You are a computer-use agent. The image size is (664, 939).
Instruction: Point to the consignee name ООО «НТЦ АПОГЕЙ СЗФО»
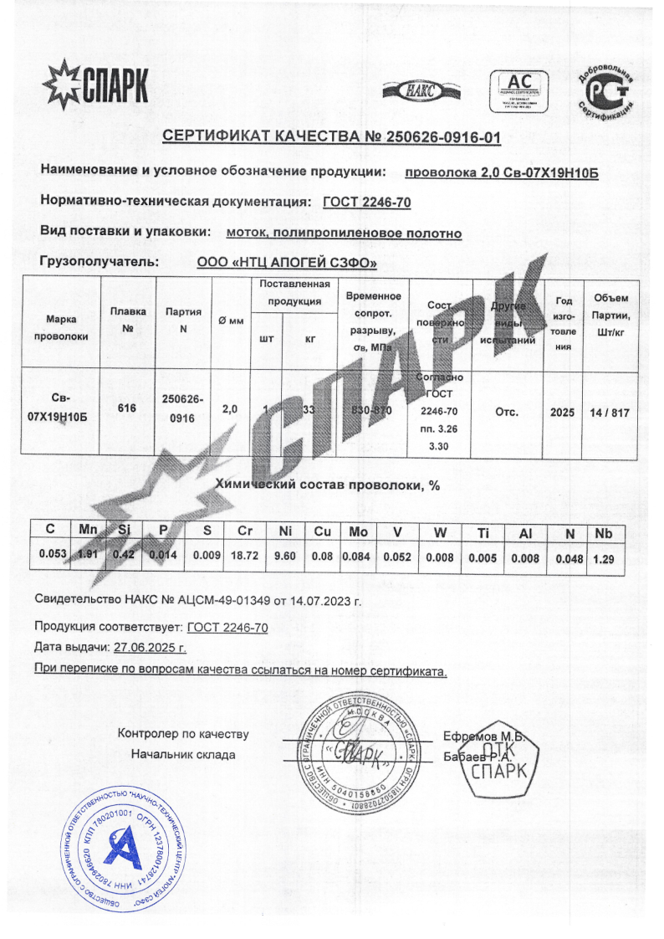287,263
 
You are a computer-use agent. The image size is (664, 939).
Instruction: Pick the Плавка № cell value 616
127,408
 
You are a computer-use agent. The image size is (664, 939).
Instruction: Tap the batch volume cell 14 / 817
609,412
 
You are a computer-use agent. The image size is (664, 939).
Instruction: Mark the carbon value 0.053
53,554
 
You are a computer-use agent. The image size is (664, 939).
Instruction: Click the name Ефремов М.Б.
483,736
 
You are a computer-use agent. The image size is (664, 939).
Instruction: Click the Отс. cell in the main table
508,412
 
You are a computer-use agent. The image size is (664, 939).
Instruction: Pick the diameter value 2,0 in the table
230,409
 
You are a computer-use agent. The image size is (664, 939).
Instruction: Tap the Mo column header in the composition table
358,532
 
